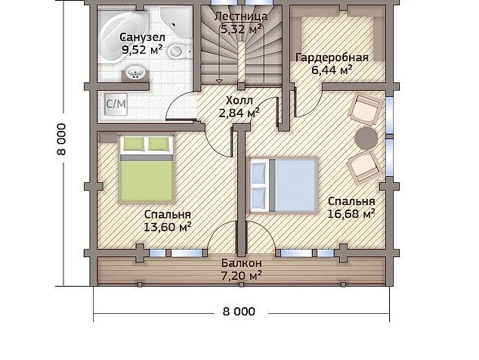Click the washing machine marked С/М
pos(116,104)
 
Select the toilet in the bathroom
pos(177,51)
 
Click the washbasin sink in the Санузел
pos(135,73)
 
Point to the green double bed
pos(147,169)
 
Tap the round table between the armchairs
pos(366,138)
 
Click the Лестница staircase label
pos(241,16)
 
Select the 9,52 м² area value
pos(142,50)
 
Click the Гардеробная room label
pos(332,57)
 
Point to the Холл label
pos(239,101)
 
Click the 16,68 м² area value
pos(351,214)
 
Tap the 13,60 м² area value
pos(168,227)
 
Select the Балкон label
pos(242,263)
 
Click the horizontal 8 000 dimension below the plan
pos(239,312)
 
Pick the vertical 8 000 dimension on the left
pos(61,139)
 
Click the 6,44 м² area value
pos(332,70)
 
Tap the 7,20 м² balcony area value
pos(241,276)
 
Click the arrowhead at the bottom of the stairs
pos(219,81)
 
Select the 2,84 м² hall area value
pos(239,113)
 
